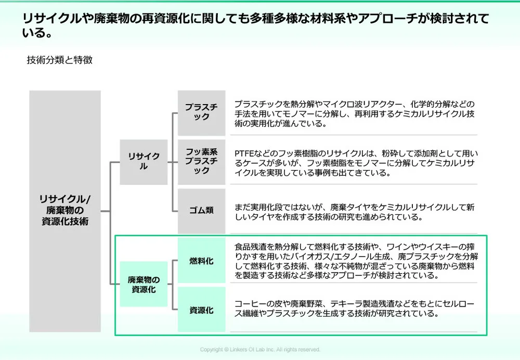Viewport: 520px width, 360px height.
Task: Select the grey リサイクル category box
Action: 144,162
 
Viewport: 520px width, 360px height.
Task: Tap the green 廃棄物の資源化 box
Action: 144,284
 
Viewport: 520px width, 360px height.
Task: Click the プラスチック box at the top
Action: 201,112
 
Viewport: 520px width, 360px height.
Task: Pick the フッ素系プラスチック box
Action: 201,161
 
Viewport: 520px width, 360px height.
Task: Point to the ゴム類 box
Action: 201,211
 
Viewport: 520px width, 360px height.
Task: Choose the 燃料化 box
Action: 201,261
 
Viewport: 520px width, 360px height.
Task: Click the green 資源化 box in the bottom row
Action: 201,310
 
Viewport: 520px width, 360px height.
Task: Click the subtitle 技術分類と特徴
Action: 60,60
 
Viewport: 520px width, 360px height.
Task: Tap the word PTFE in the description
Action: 244,154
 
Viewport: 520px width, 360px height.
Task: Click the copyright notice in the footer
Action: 260,350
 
